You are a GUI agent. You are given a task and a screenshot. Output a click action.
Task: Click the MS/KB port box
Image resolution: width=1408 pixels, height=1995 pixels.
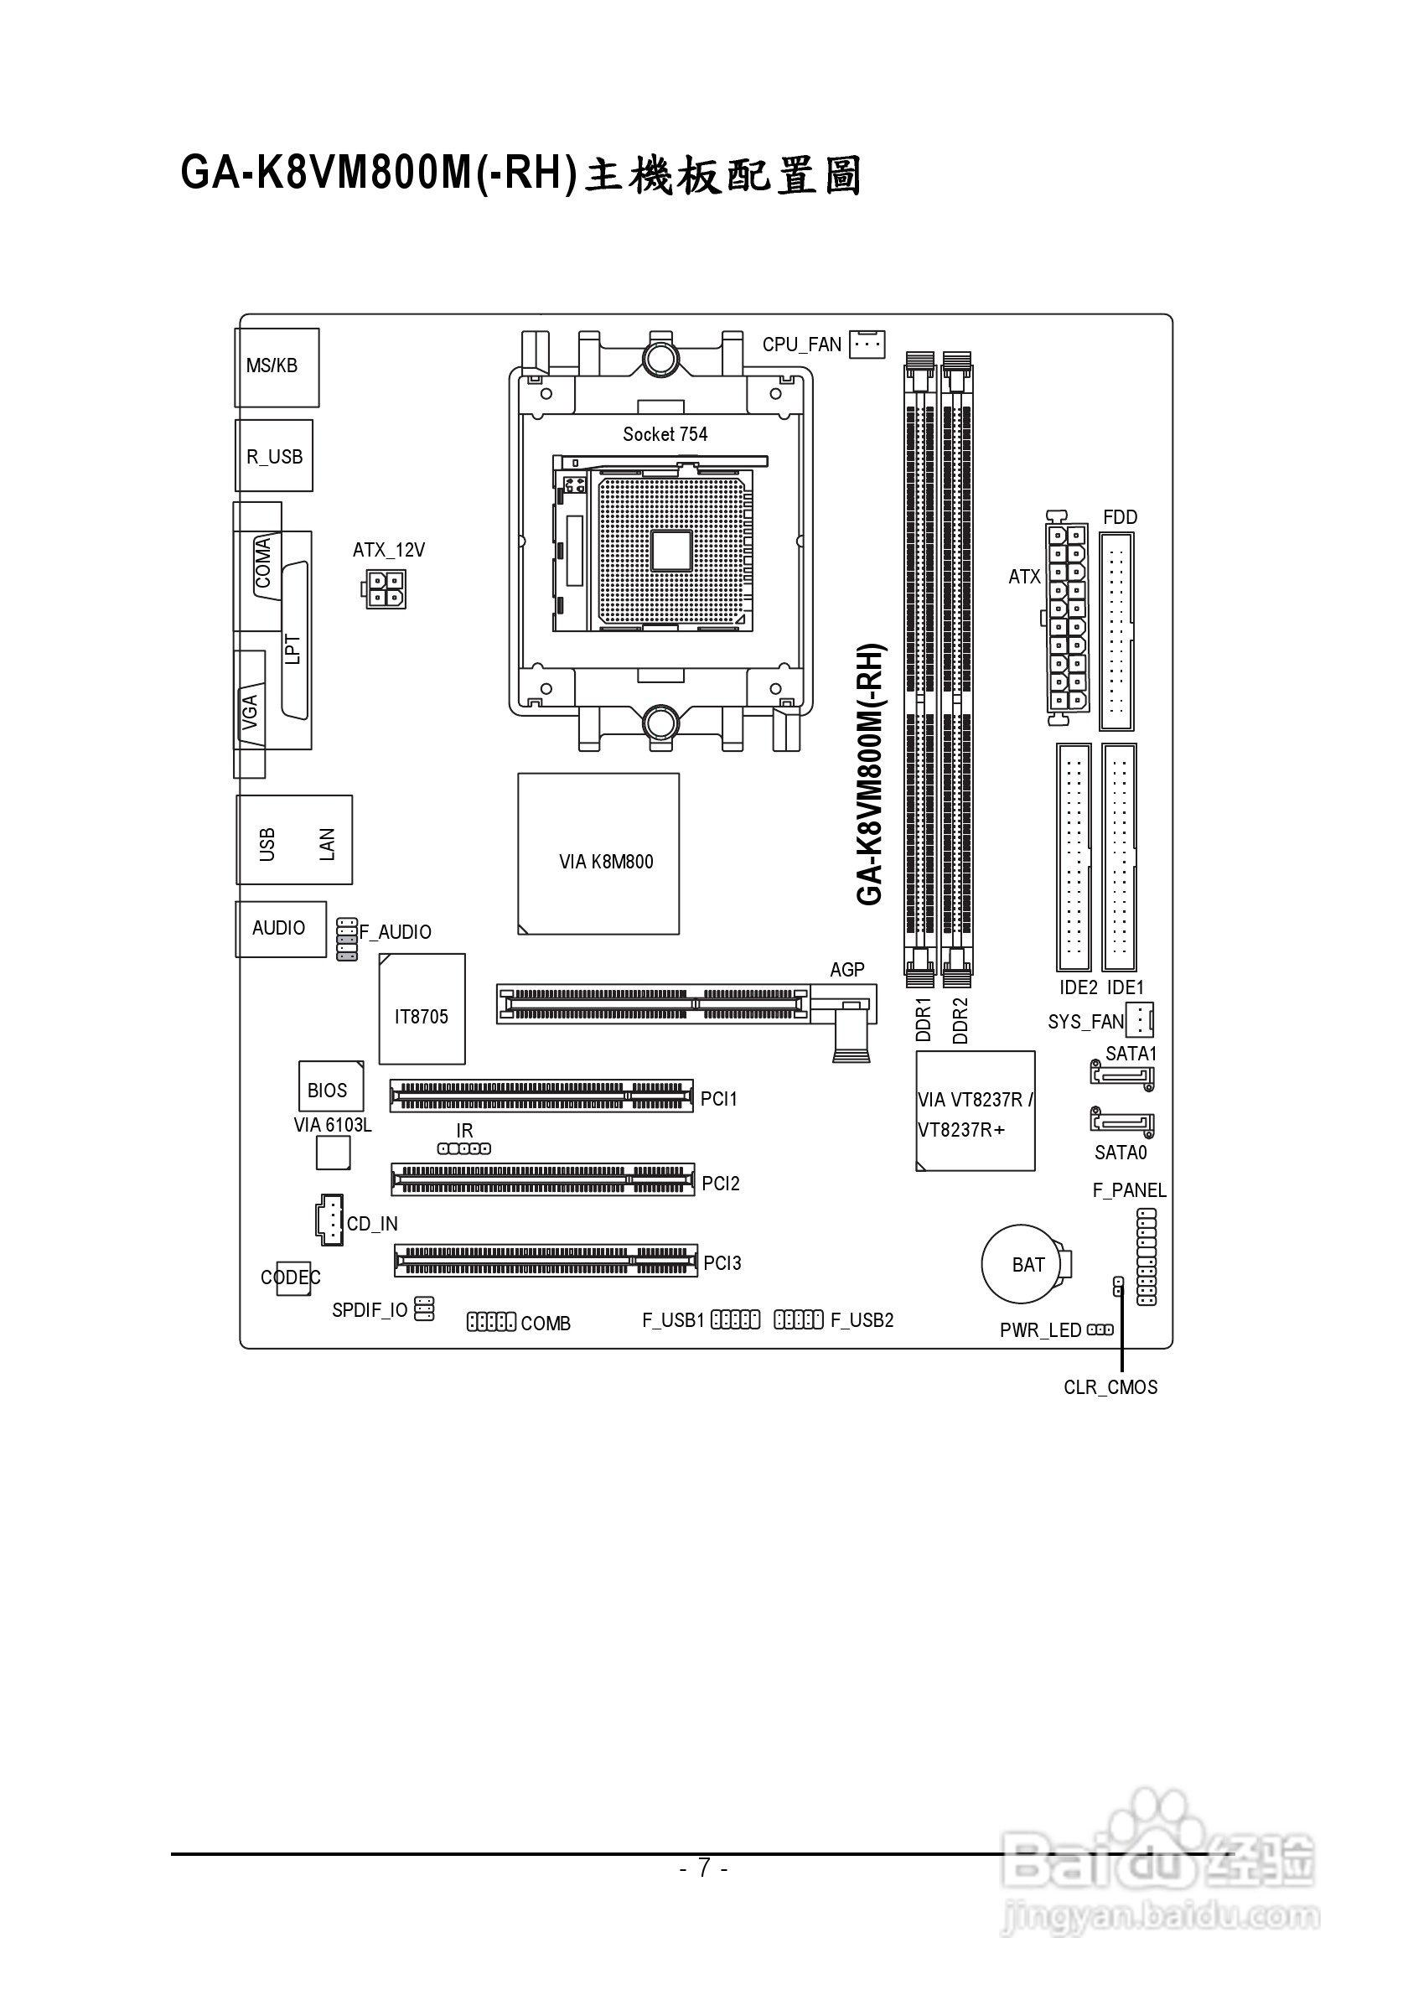277,366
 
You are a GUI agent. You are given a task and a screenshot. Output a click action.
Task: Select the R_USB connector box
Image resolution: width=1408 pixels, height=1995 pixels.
273,456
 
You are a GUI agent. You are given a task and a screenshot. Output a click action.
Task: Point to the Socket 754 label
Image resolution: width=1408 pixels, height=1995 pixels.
665,433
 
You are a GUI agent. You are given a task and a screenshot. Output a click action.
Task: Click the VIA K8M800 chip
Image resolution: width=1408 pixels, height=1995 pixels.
598,853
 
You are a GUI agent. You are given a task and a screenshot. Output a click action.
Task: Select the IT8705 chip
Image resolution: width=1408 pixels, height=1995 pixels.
422,1008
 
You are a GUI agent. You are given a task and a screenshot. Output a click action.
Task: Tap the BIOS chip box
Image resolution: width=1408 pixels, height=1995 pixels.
330,1086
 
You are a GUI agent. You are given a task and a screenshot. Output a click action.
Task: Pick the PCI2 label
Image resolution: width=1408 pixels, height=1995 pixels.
720,1183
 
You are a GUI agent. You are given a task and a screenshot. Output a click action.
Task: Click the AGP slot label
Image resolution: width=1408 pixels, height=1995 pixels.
846,969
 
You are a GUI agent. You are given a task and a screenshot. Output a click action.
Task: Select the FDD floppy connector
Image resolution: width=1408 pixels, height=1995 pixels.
1117,631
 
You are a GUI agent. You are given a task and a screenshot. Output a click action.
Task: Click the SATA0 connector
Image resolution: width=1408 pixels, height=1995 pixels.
1121,1122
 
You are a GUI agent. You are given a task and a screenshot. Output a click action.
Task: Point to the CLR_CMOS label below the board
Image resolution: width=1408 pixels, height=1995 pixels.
1110,1386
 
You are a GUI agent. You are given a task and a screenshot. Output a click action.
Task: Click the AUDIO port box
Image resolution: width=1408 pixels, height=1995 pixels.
281,929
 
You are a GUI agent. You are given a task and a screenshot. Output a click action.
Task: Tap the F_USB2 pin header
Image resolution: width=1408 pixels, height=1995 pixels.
798,1320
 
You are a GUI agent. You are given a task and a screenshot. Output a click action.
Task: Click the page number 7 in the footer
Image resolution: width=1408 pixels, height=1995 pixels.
703,1867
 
